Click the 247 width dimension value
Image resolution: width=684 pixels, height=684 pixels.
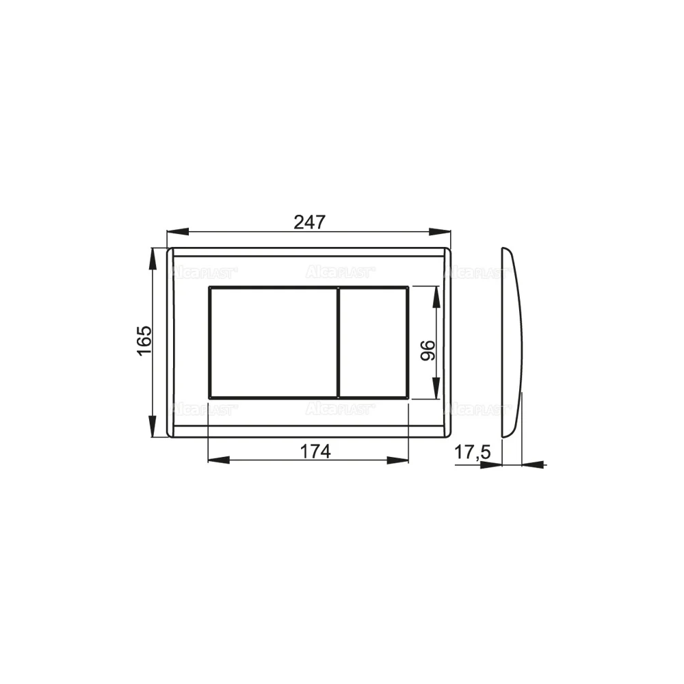310,222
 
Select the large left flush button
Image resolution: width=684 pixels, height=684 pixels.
272,342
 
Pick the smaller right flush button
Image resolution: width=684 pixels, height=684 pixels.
374,342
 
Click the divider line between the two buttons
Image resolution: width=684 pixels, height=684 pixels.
339,342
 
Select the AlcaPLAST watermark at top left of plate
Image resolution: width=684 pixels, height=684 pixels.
203,273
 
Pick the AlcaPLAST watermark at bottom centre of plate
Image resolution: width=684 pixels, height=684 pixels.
340,409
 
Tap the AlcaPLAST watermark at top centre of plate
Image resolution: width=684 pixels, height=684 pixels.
340,273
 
